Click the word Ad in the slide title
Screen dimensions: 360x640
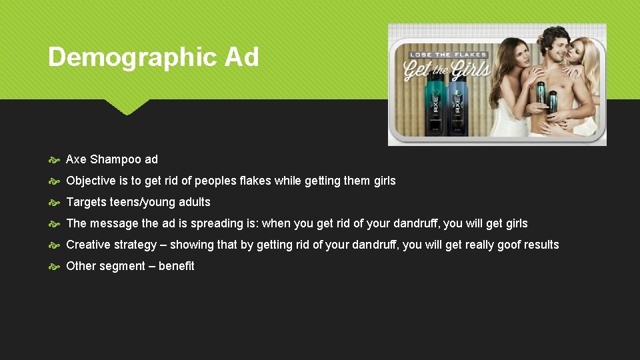coord(242,57)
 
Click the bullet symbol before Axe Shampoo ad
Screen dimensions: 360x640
coord(55,160)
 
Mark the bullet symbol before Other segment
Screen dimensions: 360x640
coord(55,267)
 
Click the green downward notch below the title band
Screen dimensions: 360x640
coord(127,107)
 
